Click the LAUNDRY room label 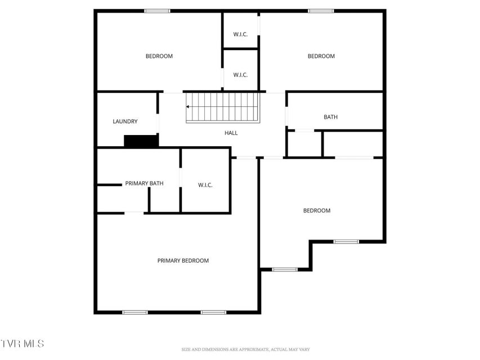click(125, 121)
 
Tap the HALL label click(231, 133)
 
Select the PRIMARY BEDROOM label click(183, 260)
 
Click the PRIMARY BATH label click(144, 183)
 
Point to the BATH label click(331, 117)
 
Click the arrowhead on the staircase click(187, 107)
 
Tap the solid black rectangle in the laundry click(141, 141)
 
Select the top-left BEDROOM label click(159, 56)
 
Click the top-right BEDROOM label click(321, 56)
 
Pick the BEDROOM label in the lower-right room click(317, 210)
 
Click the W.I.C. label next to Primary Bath click(205, 185)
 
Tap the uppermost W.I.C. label click(240, 34)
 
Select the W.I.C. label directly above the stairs click(240, 75)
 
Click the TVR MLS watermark click(22, 344)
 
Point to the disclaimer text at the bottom click(245, 349)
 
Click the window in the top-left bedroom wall click(158, 11)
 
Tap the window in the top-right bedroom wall click(321, 11)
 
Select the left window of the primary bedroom click(135, 312)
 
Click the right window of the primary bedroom click(214, 312)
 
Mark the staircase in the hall click(223, 107)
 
